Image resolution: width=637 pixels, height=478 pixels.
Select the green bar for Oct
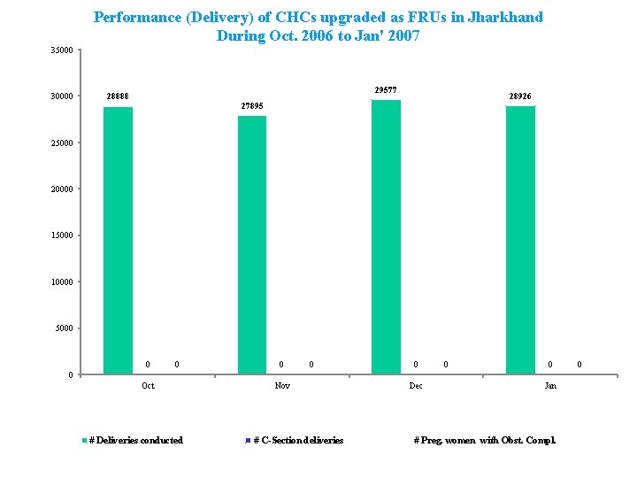pos(118,240)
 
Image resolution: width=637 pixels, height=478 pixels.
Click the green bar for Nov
pos(252,244)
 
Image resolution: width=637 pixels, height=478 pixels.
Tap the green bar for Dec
pos(386,236)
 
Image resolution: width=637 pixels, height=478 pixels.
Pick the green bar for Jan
pos(520,240)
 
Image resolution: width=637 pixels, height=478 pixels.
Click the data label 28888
pos(119,96)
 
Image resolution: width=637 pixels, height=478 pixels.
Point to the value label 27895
pos(252,106)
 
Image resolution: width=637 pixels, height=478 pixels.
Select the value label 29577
pos(386,89)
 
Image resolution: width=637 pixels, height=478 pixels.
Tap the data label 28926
pos(520,96)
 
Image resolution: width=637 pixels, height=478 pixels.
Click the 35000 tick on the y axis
pos(61,50)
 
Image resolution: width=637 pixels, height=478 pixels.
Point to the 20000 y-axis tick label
pos(61,189)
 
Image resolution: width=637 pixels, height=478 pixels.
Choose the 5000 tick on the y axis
pos(64,328)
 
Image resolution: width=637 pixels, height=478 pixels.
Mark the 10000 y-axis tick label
pos(61,282)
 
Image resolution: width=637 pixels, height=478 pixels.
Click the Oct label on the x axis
pos(148,386)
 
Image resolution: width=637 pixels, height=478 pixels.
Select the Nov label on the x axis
pos(282,386)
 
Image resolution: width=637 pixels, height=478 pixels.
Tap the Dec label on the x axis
pos(416,386)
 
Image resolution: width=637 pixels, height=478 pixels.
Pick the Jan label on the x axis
pos(550,386)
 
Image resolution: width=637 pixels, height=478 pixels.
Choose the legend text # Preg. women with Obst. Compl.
pos(485,441)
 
